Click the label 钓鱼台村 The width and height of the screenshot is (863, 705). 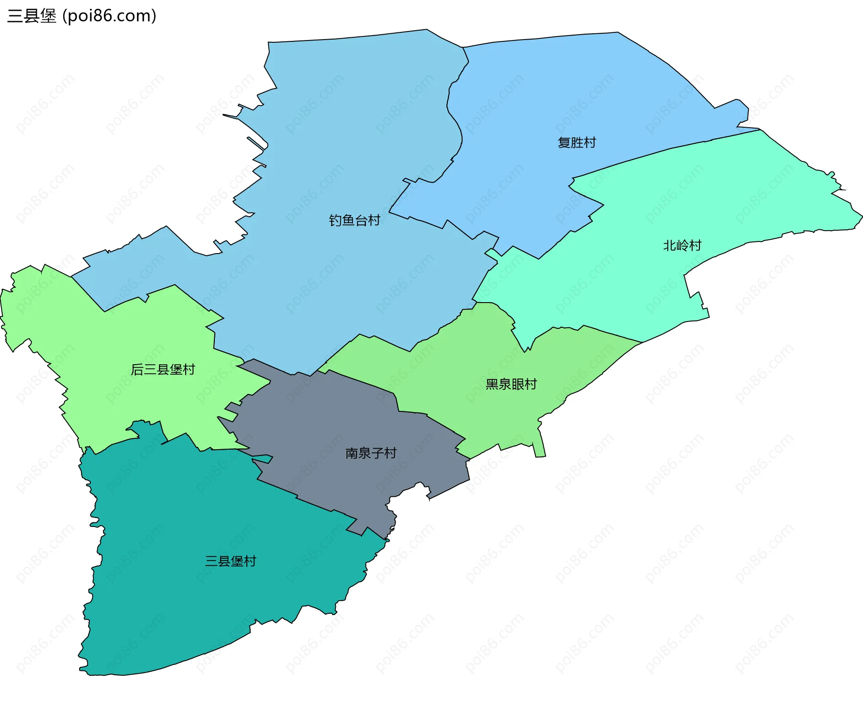(x=355, y=220)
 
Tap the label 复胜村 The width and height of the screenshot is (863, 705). (x=577, y=143)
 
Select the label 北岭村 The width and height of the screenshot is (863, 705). (x=682, y=245)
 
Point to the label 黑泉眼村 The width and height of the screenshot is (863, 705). (x=511, y=384)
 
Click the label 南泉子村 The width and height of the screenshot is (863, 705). (x=371, y=453)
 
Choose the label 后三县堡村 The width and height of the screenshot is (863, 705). (x=163, y=370)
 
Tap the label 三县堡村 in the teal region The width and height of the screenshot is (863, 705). (x=231, y=561)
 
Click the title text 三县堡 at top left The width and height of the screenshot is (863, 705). (x=32, y=16)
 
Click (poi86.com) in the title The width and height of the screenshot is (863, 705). (x=109, y=16)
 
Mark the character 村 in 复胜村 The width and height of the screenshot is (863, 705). (x=590, y=143)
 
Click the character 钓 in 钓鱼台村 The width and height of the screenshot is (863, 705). (x=335, y=220)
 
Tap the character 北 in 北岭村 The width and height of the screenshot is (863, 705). (x=669, y=245)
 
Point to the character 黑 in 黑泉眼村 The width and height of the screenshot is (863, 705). (x=492, y=384)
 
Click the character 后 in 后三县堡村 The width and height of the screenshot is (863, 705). (x=137, y=370)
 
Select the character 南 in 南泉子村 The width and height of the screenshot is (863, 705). (x=351, y=453)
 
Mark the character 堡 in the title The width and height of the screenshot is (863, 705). (x=49, y=16)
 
